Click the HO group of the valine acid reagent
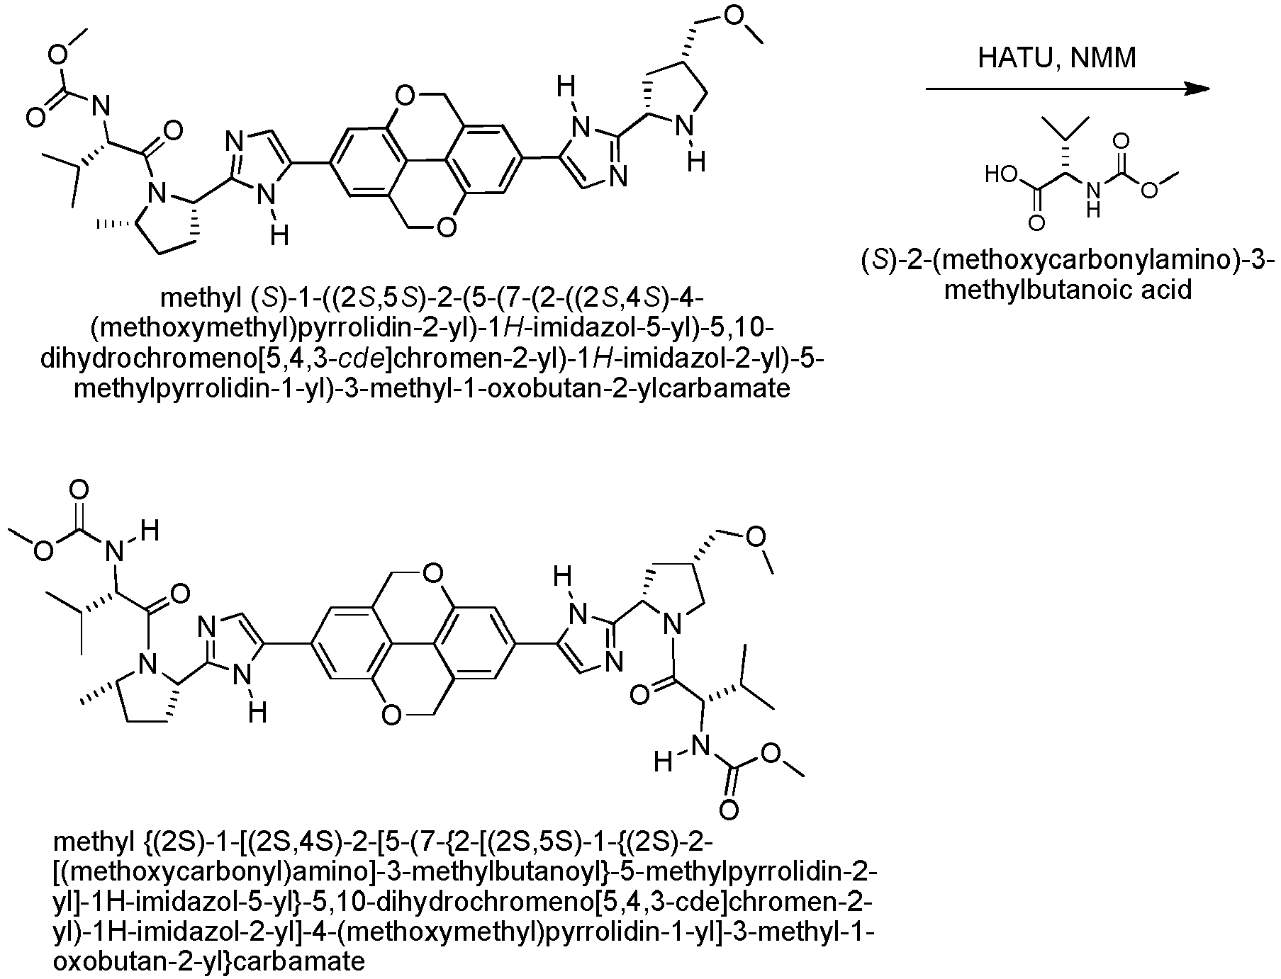click(x=1002, y=174)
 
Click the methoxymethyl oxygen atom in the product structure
click(x=757, y=536)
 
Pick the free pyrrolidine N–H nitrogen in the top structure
click(x=683, y=128)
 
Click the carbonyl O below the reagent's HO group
click(x=1037, y=224)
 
